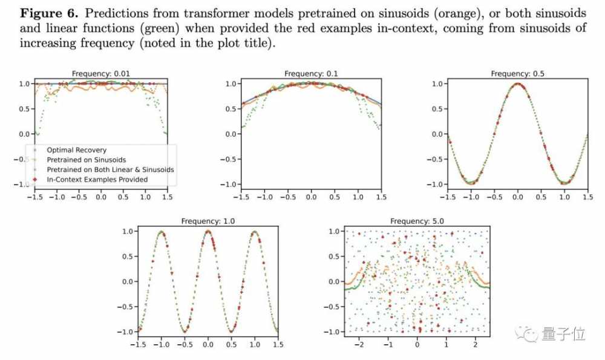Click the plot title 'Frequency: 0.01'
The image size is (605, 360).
[x=100, y=74]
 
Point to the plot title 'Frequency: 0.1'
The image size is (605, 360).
[x=311, y=74]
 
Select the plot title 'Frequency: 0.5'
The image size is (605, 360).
[x=517, y=74]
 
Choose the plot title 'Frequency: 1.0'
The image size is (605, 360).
[x=208, y=221]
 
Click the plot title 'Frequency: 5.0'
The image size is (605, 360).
[x=417, y=221]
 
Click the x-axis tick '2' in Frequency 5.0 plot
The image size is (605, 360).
[x=475, y=344]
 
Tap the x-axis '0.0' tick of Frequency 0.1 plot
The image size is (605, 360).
[x=311, y=197]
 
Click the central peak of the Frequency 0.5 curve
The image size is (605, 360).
[x=517, y=84]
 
